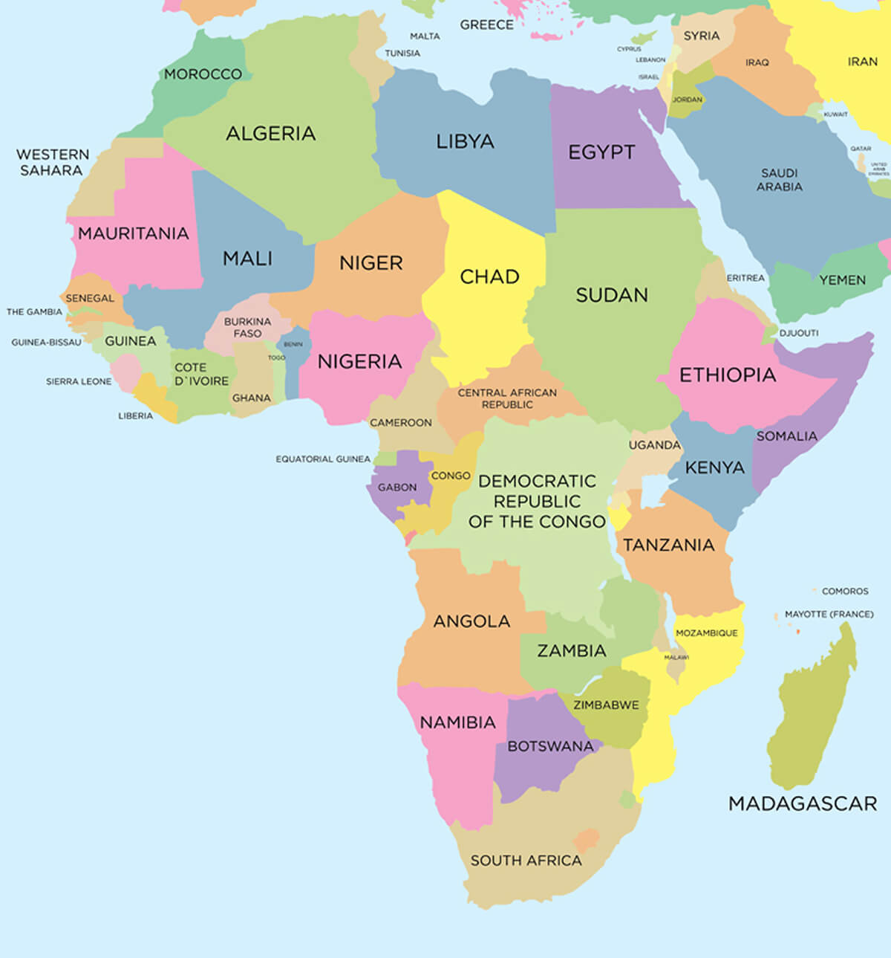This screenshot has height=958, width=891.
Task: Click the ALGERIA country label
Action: point(270,134)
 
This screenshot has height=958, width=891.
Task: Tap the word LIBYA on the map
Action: point(465,141)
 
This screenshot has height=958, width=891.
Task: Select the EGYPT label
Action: point(601,152)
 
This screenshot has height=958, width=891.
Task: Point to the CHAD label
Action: point(489,276)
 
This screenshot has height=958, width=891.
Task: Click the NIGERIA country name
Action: point(359,361)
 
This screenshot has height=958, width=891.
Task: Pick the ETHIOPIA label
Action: point(728,375)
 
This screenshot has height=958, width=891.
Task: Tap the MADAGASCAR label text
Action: point(803,803)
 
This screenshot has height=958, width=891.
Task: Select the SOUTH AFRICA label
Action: point(526,861)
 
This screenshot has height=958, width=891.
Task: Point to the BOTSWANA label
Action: point(550,746)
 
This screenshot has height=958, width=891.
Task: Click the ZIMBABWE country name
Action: point(606,705)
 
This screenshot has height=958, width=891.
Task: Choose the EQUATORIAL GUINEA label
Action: point(323,459)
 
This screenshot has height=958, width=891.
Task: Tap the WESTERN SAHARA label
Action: point(52,162)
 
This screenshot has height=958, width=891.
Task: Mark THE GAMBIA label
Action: point(34,311)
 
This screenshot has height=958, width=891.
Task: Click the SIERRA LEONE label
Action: point(79,381)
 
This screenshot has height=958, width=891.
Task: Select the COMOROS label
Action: point(845,591)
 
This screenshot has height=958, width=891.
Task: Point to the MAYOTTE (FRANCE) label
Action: point(829,614)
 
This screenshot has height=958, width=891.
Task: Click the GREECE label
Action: point(486,25)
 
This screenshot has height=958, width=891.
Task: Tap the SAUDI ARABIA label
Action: point(779,180)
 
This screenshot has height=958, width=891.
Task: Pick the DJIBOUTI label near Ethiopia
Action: point(799,333)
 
